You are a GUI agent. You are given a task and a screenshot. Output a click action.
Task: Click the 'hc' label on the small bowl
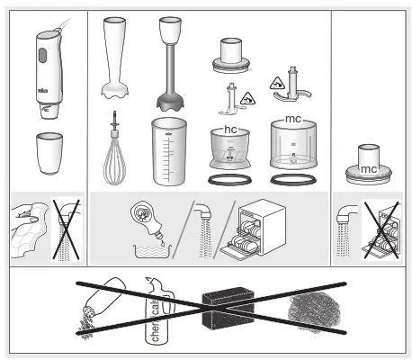coord(230,130)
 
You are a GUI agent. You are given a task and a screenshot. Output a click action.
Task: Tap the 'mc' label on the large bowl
coord(292,120)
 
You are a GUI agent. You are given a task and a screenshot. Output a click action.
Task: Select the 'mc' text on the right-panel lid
coord(369,168)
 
